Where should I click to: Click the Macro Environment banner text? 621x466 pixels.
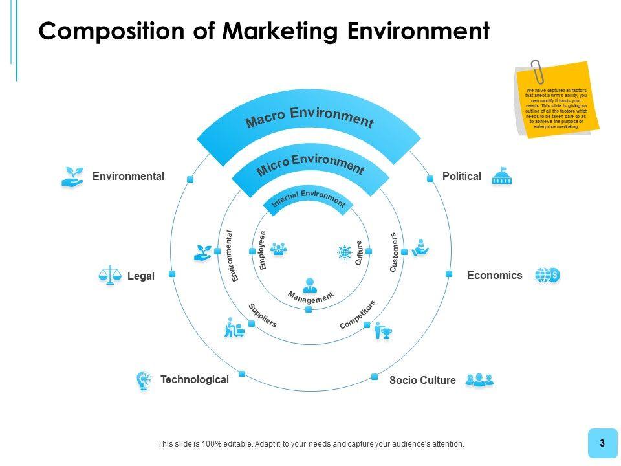point(309,118)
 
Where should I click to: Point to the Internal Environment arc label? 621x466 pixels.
point(309,199)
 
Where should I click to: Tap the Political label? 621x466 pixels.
point(461,176)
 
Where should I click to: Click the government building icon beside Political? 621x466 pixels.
point(501,176)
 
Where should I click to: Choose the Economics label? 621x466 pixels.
point(494,275)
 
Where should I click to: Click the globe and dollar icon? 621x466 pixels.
point(547,275)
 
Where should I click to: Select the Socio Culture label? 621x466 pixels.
point(422,381)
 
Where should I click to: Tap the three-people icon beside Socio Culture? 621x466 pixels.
point(479,380)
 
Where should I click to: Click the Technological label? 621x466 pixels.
point(194,380)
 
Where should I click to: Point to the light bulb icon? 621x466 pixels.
point(144,381)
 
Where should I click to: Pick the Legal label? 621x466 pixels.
point(140,276)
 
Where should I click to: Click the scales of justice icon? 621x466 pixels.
point(110,276)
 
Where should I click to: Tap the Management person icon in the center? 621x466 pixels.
point(310,284)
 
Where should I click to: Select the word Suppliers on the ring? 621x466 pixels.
point(263,315)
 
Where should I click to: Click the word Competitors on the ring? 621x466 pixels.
point(357,315)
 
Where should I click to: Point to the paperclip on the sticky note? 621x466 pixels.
point(536,71)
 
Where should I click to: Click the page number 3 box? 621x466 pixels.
point(602,443)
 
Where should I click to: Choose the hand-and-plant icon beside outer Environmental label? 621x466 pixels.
point(72,177)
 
